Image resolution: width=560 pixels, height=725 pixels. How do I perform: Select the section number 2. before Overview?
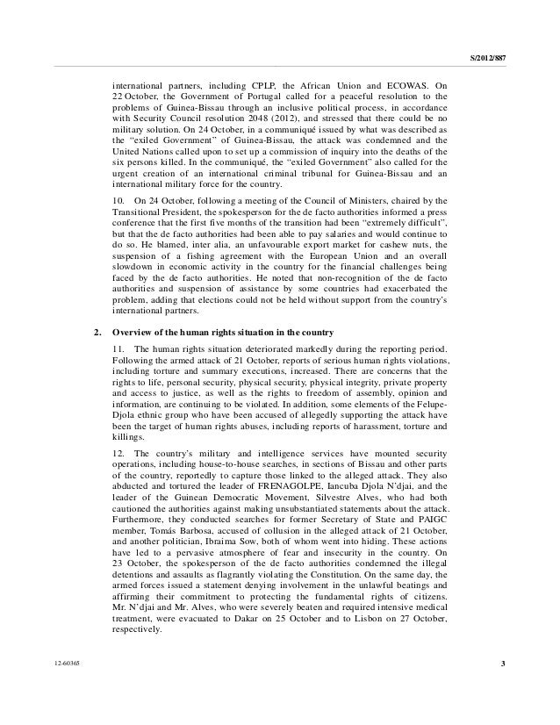[x=97, y=333]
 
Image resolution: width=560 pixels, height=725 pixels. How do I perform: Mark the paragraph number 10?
[x=119, y=203]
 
